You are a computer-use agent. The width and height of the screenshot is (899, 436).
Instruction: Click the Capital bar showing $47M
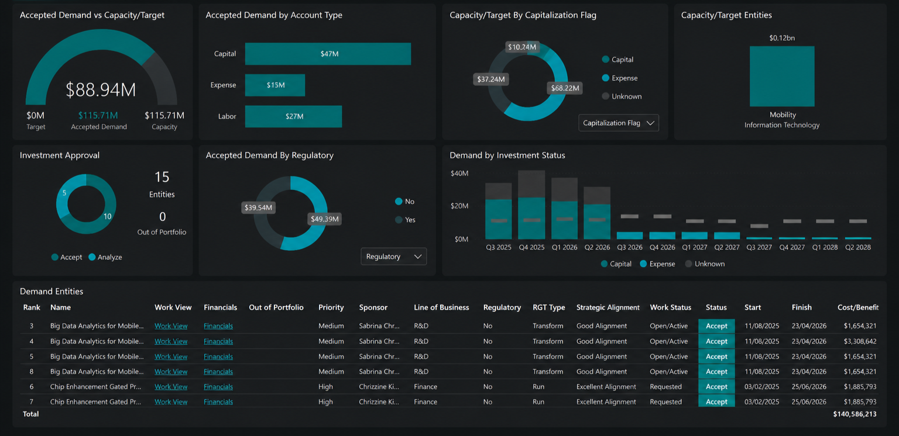pos(328,54)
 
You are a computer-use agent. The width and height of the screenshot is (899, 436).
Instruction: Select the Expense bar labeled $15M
pos(275,85)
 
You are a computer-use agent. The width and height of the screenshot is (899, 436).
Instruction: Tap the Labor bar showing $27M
pos(293,116)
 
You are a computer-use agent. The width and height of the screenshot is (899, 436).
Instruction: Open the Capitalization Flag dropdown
pos(619,123)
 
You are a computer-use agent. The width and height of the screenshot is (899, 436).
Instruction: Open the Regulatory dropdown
pos(394,257)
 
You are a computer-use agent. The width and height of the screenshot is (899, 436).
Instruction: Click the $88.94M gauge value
pos(101,89)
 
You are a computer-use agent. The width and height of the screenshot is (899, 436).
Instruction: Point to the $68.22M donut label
pos(565,88)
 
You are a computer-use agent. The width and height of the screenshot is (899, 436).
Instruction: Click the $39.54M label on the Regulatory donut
pos(259,207)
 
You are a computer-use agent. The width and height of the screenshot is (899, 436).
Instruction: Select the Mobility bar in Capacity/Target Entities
pos(782,76)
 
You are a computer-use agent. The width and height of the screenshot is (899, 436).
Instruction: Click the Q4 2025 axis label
pos(531,248)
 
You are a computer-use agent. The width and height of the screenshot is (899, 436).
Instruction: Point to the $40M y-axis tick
pos(459,174)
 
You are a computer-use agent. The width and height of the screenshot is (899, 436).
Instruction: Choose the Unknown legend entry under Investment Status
pos(705,264)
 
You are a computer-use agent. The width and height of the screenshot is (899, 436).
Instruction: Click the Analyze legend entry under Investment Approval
pos(105,257)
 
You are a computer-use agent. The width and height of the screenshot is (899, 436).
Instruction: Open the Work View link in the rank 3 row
pos(171,326)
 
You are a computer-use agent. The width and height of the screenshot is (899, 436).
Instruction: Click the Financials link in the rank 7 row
pos(218,402)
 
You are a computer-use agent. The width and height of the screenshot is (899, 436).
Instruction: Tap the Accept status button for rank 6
pos(716,387)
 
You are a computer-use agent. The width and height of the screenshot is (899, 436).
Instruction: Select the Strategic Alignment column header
pos(608,307)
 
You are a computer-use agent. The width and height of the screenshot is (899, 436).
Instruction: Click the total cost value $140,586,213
pos(855,414)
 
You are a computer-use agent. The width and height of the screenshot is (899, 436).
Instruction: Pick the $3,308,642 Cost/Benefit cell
pos(860,341)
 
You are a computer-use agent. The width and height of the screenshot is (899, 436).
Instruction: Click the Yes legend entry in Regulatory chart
pos(406,220)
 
